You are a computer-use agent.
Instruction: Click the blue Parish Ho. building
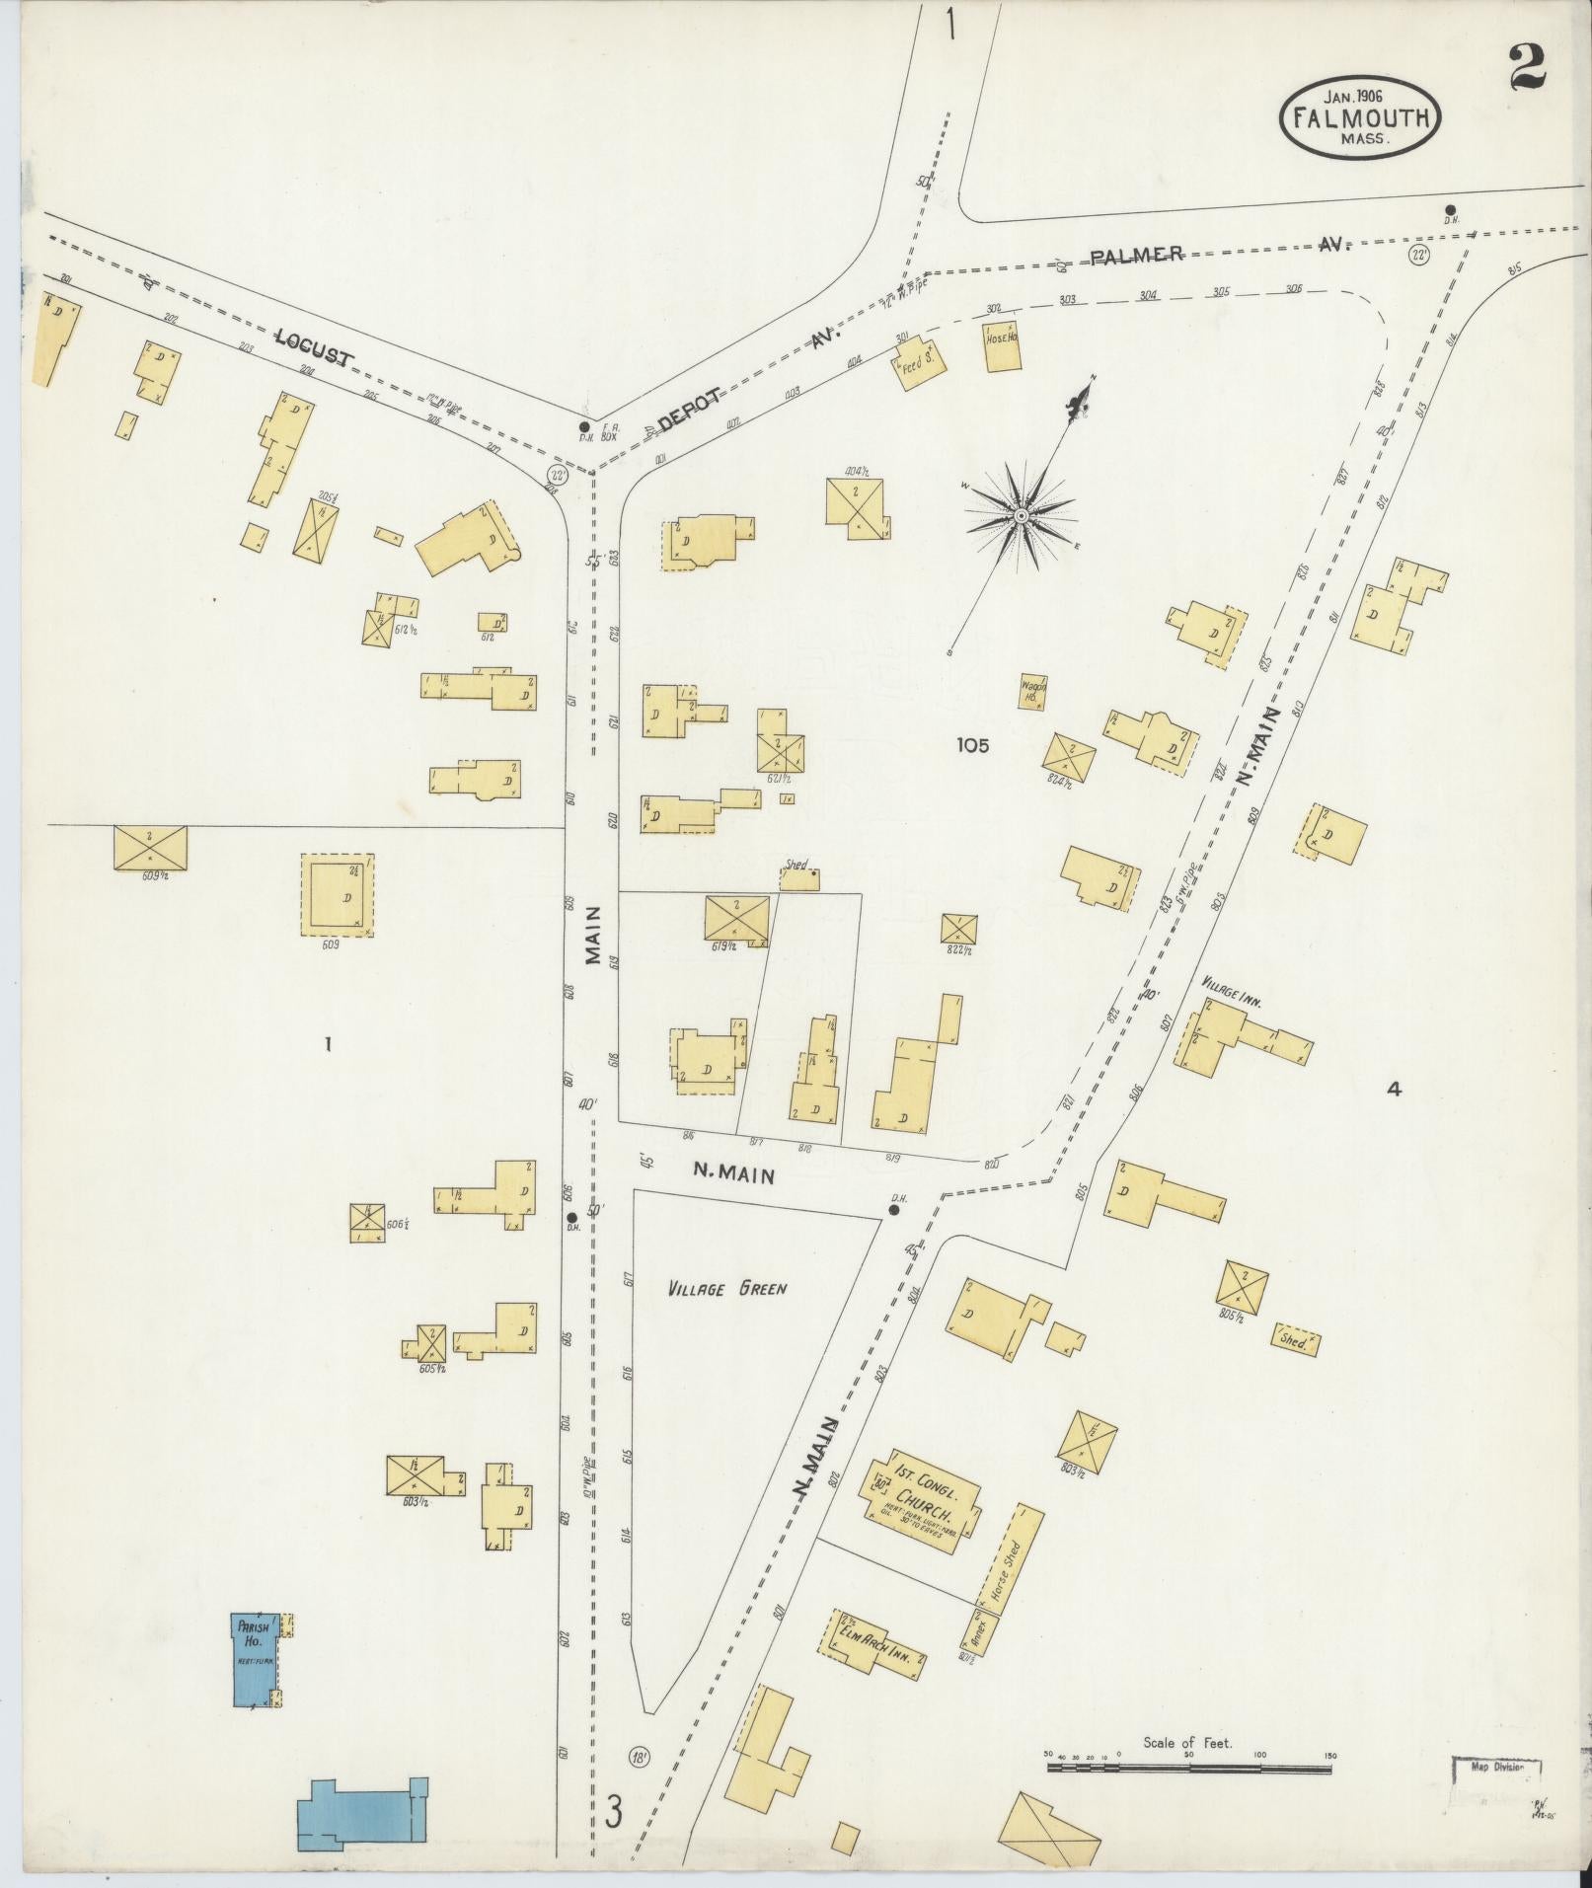(255, 1660)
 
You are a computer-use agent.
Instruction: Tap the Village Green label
(725, 1289)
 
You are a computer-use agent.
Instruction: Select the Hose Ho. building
(1003, 346)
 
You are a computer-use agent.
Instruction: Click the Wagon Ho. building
(1033, 691)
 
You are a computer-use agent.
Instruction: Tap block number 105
(972, 746)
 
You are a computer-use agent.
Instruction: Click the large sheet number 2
(1526, 67)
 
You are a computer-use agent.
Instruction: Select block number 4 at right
(1394, 1090)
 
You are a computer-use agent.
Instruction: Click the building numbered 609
(338, 895)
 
